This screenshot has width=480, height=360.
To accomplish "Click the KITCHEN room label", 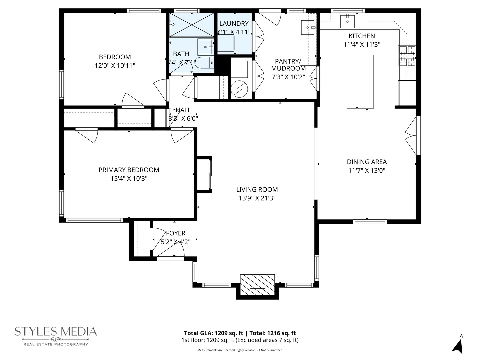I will (x=362, y=36).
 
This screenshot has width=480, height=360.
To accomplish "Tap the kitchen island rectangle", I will (x=360, y=82).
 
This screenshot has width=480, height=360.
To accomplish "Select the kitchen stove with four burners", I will (x=407, y=56).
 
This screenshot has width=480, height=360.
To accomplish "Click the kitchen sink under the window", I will (x=347, y=21).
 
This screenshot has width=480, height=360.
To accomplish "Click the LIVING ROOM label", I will (x=257, y=190).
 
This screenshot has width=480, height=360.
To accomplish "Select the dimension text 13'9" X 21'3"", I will (x=257, y=198).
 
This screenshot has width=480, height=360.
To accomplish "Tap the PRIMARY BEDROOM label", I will (x=129, y=170).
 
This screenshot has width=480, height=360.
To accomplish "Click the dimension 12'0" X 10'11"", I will (x=115, y=66).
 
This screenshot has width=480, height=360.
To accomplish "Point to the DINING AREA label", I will (x=367, y=162).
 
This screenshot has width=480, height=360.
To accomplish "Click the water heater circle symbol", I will (x=239, y=89).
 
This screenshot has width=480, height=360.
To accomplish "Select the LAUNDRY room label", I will (x=234, y=24).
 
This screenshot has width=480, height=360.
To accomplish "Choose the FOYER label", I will (x=175, y=233).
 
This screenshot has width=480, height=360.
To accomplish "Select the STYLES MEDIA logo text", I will (x=56, y=332).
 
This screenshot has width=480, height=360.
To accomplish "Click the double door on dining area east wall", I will (x=412, y=135).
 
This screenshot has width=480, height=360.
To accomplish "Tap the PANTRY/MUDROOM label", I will (x=288, y=65).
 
